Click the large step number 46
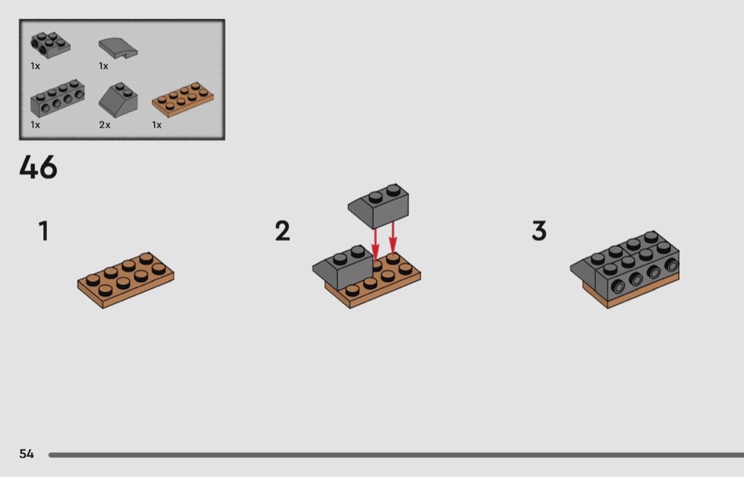[38, 167]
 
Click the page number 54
[27, 454]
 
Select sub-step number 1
[44, 230]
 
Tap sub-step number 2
[282, 230]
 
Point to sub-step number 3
[539, 230]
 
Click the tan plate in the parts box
[183, 100]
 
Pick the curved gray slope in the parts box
[118, 48]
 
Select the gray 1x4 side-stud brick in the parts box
[57, 99]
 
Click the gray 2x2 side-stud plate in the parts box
[50, 45]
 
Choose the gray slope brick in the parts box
[118, 100]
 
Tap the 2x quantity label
[104, 125]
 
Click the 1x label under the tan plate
[157, 125]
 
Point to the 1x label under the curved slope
[103, 66]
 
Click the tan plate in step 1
[125, 280]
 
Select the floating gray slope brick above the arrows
[378, 206]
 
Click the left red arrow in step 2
[376, 244]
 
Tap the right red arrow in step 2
[393, 237]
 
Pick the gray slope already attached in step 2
[342, 266]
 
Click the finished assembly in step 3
[624, 269]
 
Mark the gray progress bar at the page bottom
[396, 455]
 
